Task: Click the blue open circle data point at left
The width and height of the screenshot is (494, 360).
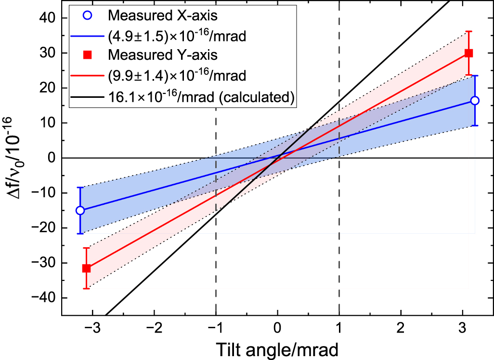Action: [80, 210]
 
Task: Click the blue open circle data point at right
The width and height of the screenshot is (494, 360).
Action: [475, 100]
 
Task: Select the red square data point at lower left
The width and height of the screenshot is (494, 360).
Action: [87, 268]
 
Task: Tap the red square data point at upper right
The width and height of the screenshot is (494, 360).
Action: [468, 53]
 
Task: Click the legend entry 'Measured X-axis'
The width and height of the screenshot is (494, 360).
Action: [163, 15]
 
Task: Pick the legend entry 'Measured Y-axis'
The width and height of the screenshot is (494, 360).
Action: [163, 54]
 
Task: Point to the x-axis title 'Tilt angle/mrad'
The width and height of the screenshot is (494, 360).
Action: [277, 348]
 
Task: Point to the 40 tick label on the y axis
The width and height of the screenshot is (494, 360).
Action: [48, 18]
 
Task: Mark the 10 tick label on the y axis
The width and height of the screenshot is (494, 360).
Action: [48, 123]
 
